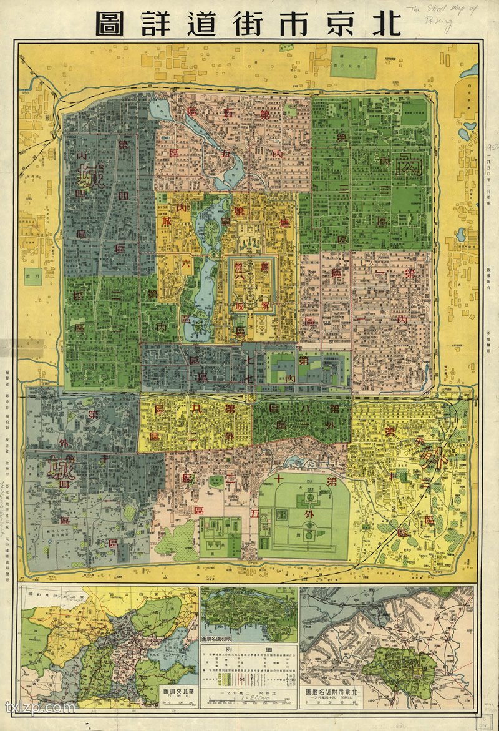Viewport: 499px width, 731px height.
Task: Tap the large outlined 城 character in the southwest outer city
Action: (x=57, y=469)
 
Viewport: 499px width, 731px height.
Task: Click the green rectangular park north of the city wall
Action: (x=353, y=62)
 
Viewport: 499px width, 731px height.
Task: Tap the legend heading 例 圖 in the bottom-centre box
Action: (x=249, y=649)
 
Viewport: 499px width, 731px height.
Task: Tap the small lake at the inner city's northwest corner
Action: (x=161, y=110)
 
